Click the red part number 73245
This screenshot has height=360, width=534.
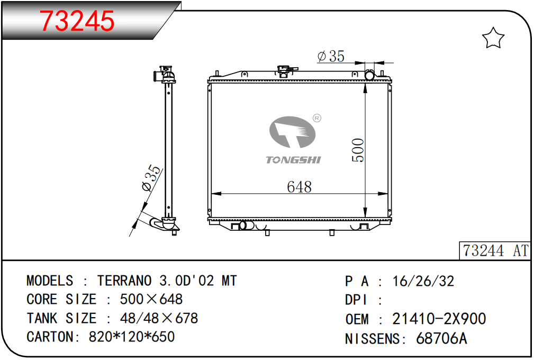click(x=77, y=21)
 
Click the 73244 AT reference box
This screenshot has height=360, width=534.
click(x=495, y=251)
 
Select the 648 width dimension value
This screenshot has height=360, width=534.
click(x=299, y=187)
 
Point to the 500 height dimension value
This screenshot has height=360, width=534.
click(x=358, y=150)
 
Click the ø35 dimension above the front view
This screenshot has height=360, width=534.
click(x=331, y=56)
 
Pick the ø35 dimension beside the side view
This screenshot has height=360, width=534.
click(x=150, y=178)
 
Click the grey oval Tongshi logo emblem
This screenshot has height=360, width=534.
click(x=293, y=132)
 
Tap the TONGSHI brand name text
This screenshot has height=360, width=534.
click(x=293, y=160)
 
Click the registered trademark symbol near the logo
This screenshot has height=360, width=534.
click(x=316, y=118)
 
